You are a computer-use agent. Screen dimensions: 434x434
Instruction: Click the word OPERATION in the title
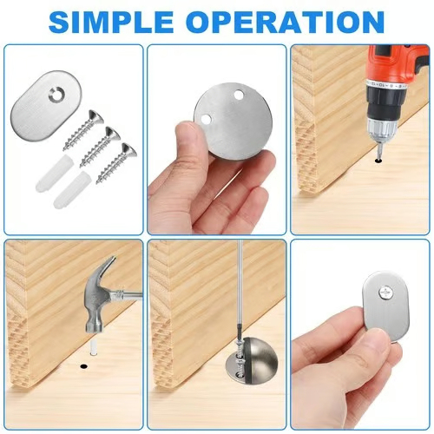pyautogui.click(x=291, y=21)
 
